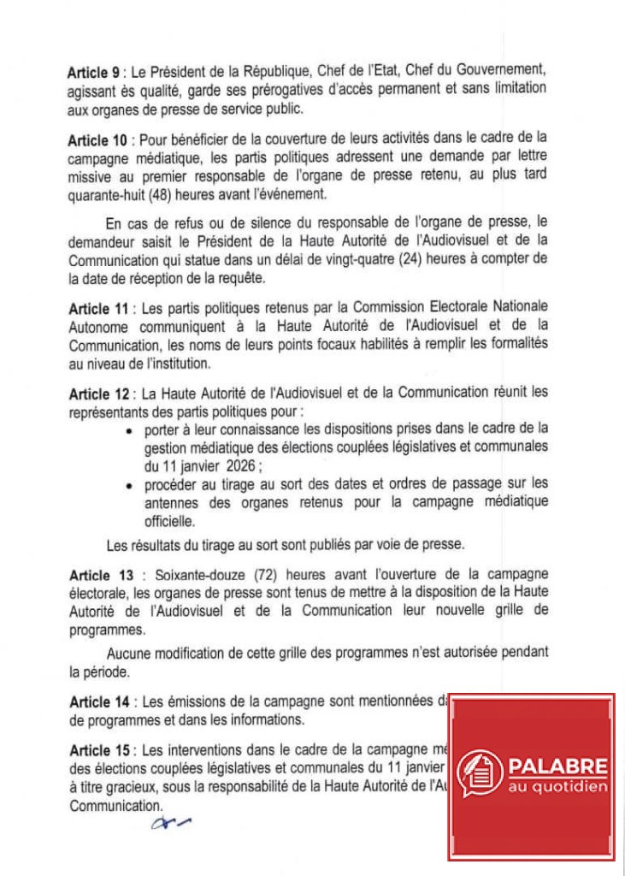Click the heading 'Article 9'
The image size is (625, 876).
93,74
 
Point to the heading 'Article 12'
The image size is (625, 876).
97,393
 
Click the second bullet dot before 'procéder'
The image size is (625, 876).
127,486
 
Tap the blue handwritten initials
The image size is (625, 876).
170,824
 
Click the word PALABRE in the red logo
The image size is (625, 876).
557,766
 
